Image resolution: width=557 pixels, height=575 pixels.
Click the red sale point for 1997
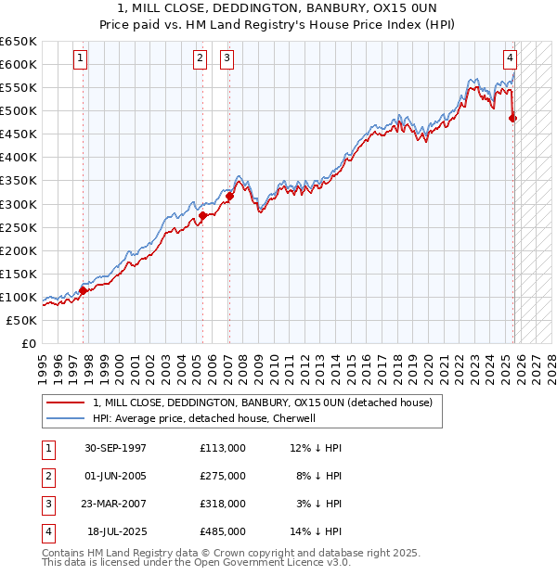click(x=83, y=290)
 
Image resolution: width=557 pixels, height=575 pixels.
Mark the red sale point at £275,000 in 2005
click(x=201, y=215)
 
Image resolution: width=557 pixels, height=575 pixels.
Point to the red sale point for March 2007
click(x=229, y=196)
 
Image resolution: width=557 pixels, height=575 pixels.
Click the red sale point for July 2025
click(x=513, y=118)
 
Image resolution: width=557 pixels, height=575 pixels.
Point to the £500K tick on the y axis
click(x=19, y=110)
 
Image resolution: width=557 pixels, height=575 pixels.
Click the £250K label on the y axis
click(x=19, y=227)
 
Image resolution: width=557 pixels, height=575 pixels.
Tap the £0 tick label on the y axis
click(x=28, y=343)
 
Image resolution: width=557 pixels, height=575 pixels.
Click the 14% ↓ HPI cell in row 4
click(x=316, y=531)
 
